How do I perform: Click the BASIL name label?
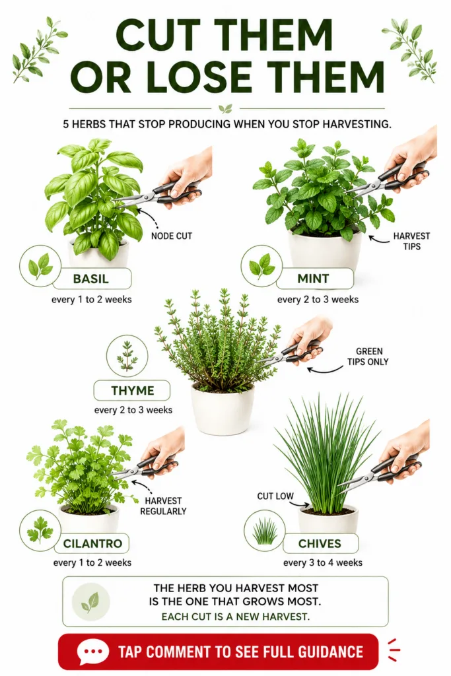pos(91,279)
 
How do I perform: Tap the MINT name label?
pos(314,279)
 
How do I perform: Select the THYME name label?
pos(132,391)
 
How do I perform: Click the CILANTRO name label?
pos(92,543)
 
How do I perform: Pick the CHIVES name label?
pos(320,543)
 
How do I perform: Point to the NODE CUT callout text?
pos(171,236)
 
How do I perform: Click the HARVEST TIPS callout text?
pos(411,241)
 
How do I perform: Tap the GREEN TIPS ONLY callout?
pos(368,356)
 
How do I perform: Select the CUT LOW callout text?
pos(275,496)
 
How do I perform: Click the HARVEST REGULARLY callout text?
pos(163,506)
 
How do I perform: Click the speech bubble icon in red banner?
pos(92,652)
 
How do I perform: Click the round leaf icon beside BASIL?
pos(40,265)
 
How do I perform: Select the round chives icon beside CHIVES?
pos(265,530)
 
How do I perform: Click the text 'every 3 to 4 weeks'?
pos(322,562)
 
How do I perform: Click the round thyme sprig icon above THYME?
pos(127,356)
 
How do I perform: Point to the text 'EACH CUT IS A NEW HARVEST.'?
pos(236,617)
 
